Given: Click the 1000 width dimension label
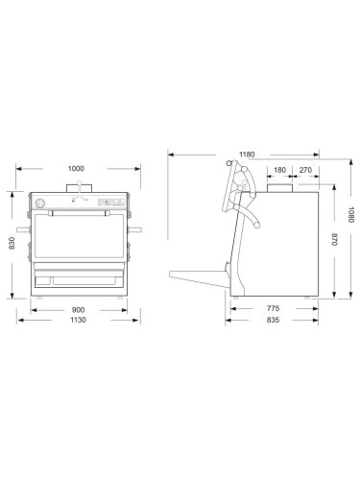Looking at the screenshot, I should pos(75,169).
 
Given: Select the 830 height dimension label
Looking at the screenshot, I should pos(12,246).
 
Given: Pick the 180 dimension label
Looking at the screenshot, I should pos(278,171).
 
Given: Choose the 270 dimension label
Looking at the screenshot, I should pos(304,171).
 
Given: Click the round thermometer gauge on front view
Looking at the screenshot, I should pos(39,204).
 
